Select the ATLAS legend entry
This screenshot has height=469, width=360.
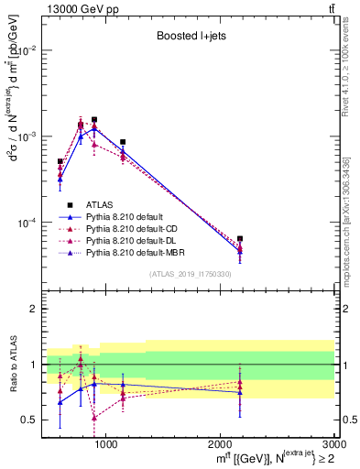100,204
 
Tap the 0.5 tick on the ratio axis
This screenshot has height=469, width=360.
31,420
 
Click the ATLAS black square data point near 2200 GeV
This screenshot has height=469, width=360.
240,238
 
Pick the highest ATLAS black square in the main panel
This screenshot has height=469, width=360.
94,119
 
